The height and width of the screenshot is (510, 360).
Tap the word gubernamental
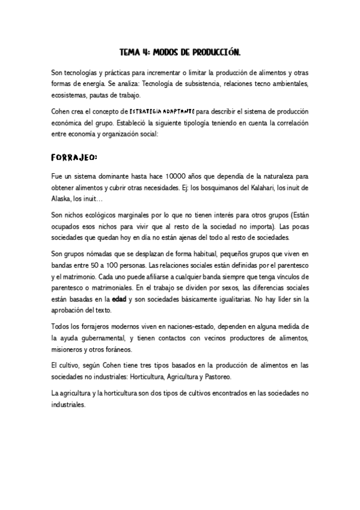118,338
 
